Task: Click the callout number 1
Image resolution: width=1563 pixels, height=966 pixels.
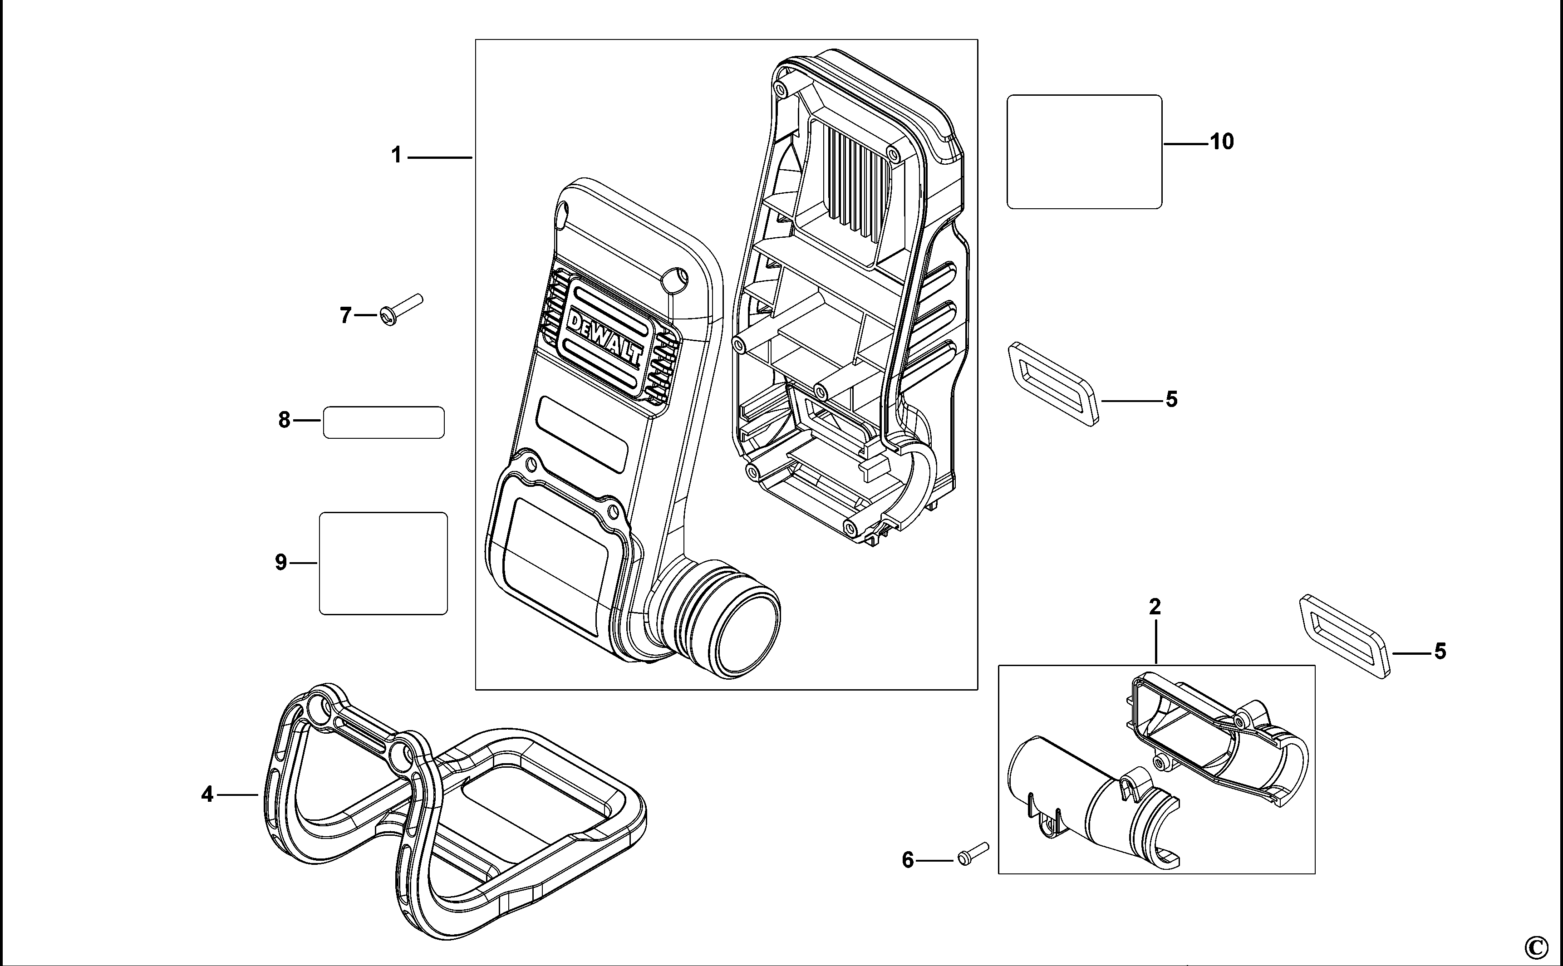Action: (396, 155)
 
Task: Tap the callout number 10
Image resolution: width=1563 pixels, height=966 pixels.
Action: (1222, 142)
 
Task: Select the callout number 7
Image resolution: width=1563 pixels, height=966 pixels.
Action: (345, 316)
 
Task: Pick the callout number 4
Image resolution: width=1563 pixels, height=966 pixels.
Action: (207, 795)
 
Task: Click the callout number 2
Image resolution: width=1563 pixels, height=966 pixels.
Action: (1155, 607)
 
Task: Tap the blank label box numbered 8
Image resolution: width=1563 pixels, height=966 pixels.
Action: (383, 422)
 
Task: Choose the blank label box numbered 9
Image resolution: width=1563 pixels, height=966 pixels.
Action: (383, 563)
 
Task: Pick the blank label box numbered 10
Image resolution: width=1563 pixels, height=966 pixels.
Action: (1084, 152)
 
